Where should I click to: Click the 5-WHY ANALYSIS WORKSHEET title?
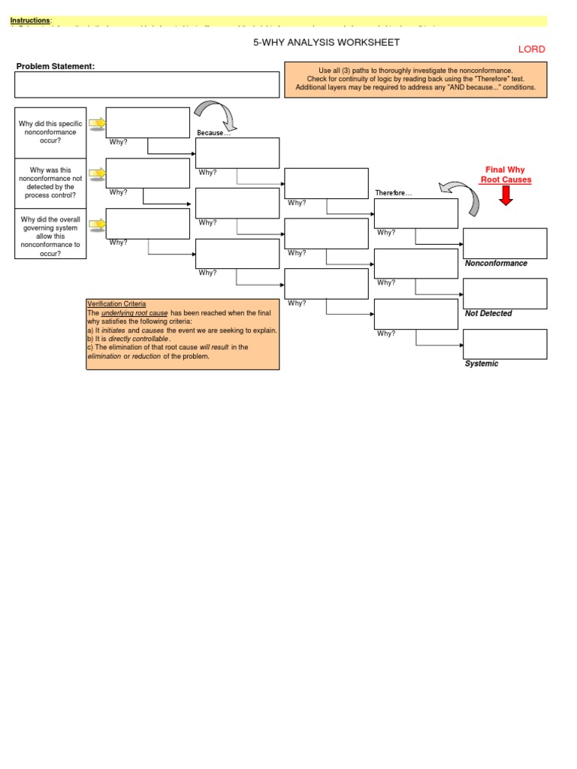[x=326, y=43]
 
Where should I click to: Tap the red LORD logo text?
[x=531, y=50]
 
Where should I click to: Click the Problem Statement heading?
[x=56, y=66]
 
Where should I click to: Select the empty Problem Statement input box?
[x=147, y=85]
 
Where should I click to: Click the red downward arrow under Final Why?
[x=506, y=195]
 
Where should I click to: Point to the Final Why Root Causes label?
[x=506, y=175]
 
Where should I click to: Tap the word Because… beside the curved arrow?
[x=213, y=133]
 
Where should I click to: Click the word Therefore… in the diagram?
[x=394, y=193]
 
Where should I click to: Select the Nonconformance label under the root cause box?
[x=496, y=264]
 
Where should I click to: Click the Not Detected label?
[x=488, y=314]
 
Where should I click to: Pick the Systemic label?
[x=482, y=364]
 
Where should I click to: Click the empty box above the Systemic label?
[x=505, y=344]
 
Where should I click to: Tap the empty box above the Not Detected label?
[x=505, y=294]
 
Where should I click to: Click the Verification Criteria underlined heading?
[x=116, y=303]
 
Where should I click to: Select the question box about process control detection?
[x=51, y=183]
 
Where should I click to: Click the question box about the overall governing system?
[x=51, y=237]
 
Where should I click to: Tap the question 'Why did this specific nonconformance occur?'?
[x=51, y=132]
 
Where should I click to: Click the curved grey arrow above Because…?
[x=216, y=114]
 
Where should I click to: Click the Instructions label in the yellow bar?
[x=31, y=20]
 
